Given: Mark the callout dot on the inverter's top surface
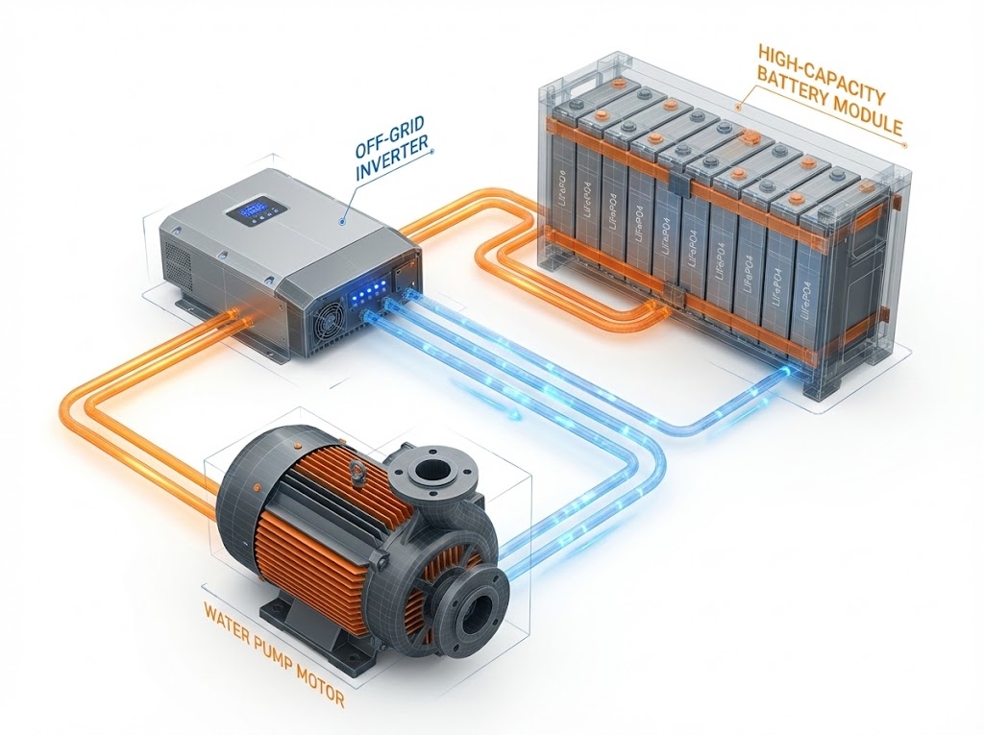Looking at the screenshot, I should pos(341,220).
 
